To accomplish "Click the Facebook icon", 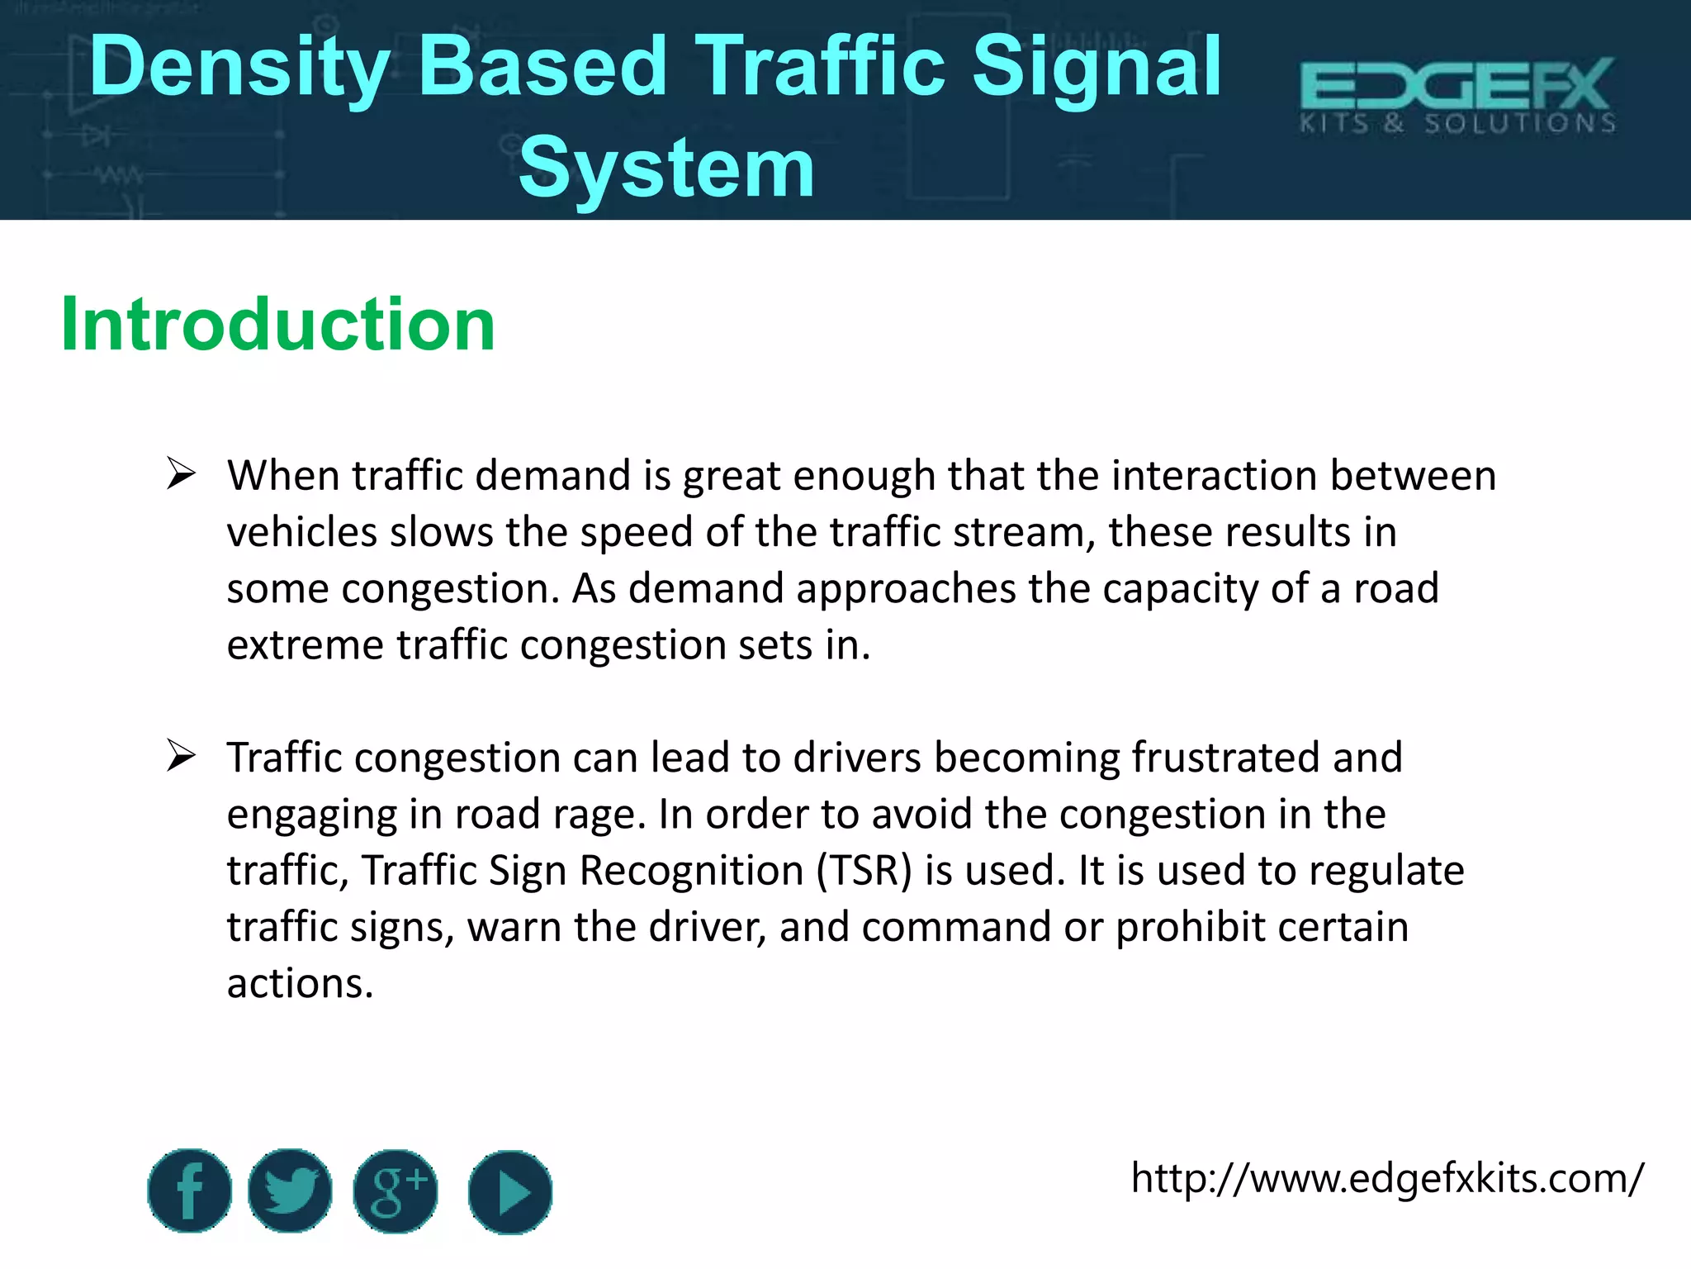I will click(x=189, y=1191).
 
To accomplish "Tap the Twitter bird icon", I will click(x=290, y=1191).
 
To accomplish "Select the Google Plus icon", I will click(x=396, y=1191).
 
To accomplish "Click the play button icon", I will click(x=509, y=1192).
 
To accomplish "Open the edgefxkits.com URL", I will click(x=1386, y=1178).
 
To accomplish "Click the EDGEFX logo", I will click(x=1457, y=96).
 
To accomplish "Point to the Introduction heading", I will click(x=278, y=324).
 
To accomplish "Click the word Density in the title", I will click(x=239, y=68).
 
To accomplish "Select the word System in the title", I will click(x=666, y=169).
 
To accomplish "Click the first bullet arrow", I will click(x=180, y=474).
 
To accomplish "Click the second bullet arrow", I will click(x=180, y=756).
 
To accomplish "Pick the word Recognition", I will click(x=691, y=871).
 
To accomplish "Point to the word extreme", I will click(x=306, y=645).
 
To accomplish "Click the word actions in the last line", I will click(x=300, y=984).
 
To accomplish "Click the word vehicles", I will click(x=302, y=532).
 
